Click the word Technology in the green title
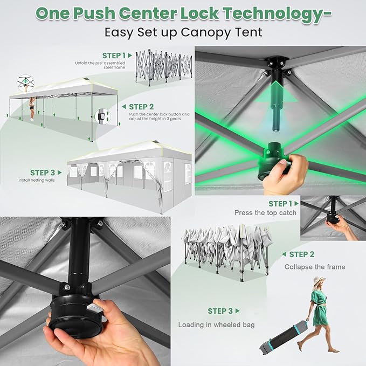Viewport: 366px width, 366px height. [277, 14]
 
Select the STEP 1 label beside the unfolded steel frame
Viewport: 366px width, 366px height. [114, 56]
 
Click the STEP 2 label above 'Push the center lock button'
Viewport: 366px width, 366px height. [141, 107]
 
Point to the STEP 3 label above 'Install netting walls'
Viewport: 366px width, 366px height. [43, 172]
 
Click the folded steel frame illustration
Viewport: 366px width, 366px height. [164, 67]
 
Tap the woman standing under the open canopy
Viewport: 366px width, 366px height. [32, 109]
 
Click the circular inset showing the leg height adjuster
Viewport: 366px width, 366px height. [103, 116]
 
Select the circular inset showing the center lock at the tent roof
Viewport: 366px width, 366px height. [25, 83]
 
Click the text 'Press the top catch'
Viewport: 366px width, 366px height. [265, 212]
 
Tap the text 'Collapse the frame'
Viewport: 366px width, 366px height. [315, 267]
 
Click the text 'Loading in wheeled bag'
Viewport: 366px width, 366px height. [216, 324]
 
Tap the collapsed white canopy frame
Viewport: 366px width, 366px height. [227, 252]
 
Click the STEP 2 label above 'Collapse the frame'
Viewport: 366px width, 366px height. [301, 254]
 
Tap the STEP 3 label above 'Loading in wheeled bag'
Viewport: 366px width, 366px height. [220, 311]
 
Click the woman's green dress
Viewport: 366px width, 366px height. [319, 308]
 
